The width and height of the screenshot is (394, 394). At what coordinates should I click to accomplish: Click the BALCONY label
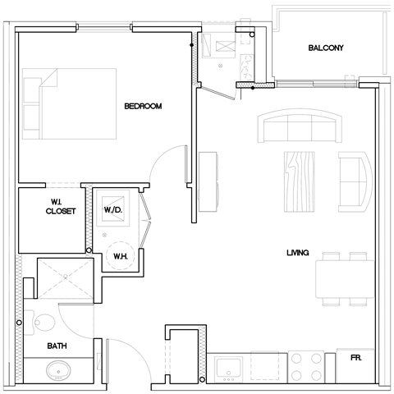click(x=326, y=48)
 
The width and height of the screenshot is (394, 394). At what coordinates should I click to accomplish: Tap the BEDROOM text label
click(x=141, y=106)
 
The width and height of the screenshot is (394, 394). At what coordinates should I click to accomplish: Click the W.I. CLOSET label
click(x=61, y=206)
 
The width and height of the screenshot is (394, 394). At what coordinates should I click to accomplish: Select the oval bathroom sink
click(x=58, y=373)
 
